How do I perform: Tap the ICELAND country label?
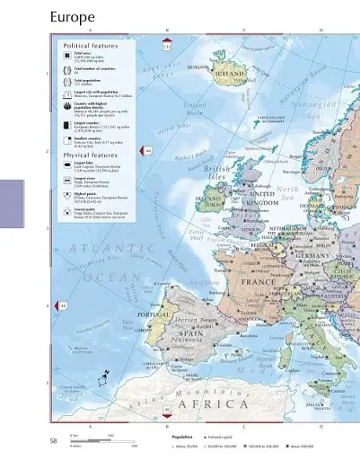click(231, 75)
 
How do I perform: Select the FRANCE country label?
click(259, 281)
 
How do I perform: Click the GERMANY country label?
click(313, 256)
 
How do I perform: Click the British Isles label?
click(218, 172)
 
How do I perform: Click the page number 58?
click(54, 440)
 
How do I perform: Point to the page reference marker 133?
click(167, 47)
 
